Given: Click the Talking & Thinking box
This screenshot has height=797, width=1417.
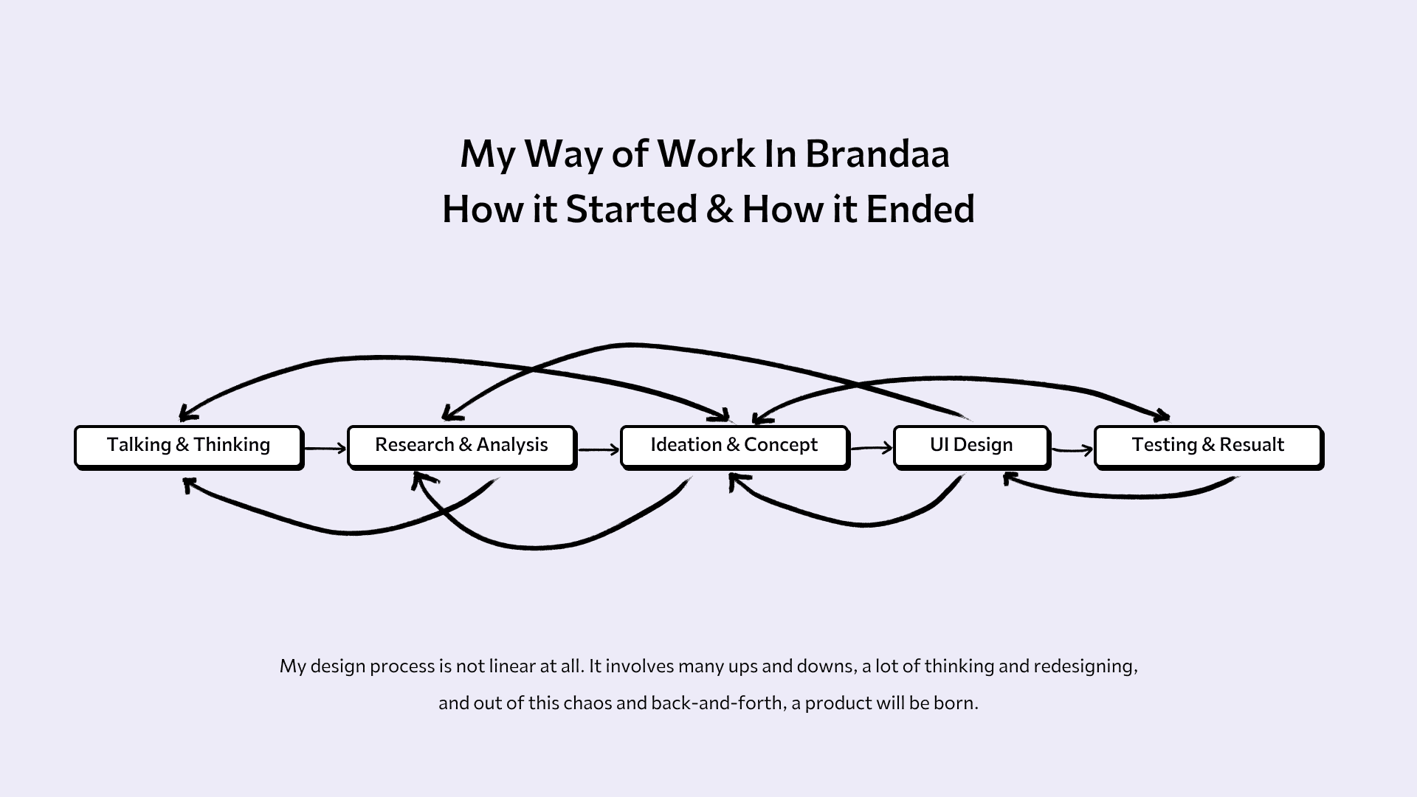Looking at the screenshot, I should tap(188, 446).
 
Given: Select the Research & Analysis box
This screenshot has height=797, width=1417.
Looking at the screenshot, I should tap(461, 446).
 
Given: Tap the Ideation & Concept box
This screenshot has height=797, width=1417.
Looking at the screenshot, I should tap(734, 446).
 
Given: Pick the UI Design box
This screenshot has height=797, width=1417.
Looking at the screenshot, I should tap(971, 446).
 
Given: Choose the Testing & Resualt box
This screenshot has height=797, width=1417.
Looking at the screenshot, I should tap(1208, 446).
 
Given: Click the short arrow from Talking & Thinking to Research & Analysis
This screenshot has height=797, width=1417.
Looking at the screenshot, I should tap(325, 448).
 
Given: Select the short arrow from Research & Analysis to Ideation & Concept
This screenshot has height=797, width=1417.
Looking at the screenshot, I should tap(599, 449).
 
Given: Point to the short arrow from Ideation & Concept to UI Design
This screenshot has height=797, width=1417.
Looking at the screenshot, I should tap(871, 448).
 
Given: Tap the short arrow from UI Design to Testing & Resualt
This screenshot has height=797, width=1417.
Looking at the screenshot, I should tap(1072, 449).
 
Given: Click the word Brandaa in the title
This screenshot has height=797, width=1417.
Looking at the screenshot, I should tap(877, 154).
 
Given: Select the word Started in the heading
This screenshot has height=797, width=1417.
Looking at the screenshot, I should tap(631, 209).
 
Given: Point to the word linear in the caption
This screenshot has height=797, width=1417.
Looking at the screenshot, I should tap(511, 666).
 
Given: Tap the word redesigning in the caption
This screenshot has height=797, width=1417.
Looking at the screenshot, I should tap(1085, 666).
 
